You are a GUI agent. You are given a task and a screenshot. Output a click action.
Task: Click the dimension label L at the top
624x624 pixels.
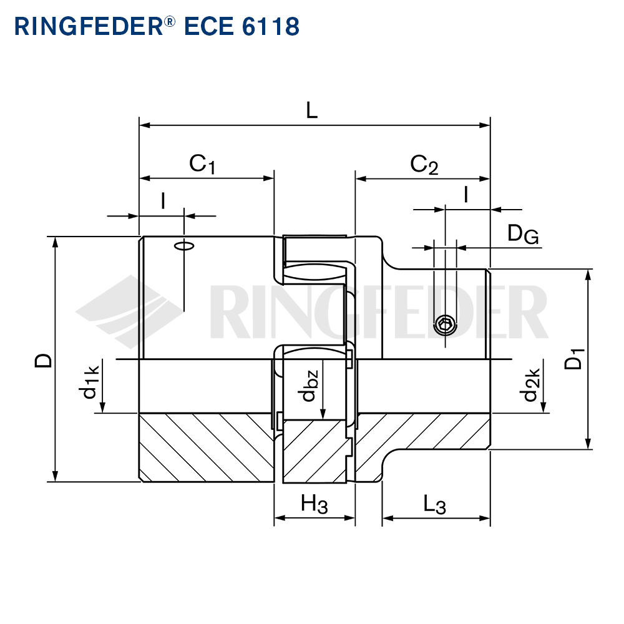click(312, 110)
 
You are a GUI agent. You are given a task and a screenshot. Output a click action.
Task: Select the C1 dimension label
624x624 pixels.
click(202, 164)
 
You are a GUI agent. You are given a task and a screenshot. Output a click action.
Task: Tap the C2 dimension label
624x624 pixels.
click(424, 165)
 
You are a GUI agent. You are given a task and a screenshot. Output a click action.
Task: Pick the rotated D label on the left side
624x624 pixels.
click(44, 361)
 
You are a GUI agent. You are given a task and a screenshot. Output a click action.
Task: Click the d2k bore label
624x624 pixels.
click(530, 384)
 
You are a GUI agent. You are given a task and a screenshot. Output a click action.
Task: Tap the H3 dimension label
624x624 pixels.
click(314, 504)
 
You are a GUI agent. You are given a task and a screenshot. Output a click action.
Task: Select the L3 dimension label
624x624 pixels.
click(434, 505)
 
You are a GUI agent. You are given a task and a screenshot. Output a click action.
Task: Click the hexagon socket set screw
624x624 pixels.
click(445, 325)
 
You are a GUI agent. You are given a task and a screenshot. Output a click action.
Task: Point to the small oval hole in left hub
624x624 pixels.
click(184, 246)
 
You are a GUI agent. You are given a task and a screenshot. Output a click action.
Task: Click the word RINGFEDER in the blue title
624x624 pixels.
click(89, 27)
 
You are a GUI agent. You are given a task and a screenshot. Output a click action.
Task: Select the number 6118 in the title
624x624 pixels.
click(271, 27)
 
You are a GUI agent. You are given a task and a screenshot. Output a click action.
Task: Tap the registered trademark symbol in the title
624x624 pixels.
click(169, 21)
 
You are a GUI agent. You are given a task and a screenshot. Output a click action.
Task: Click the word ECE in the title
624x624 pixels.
click(209, 27)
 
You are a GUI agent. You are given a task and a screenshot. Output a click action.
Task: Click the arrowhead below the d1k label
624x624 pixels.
click(102, 407)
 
